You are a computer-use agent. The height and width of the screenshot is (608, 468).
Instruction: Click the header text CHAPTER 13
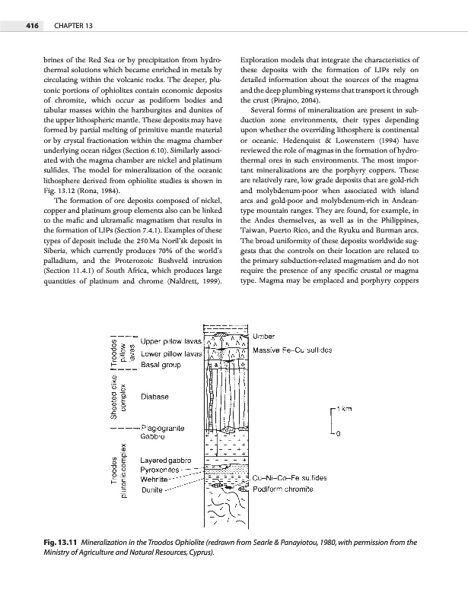tap(72, 27)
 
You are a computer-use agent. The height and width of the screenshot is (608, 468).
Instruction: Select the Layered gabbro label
tap(167, 461)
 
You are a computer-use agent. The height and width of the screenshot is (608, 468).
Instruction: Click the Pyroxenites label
tap(163, 471)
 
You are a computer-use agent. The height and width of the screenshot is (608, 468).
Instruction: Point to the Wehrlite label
tap(156, 480)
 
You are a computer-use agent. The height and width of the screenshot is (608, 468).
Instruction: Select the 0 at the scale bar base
tap(338, 434)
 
